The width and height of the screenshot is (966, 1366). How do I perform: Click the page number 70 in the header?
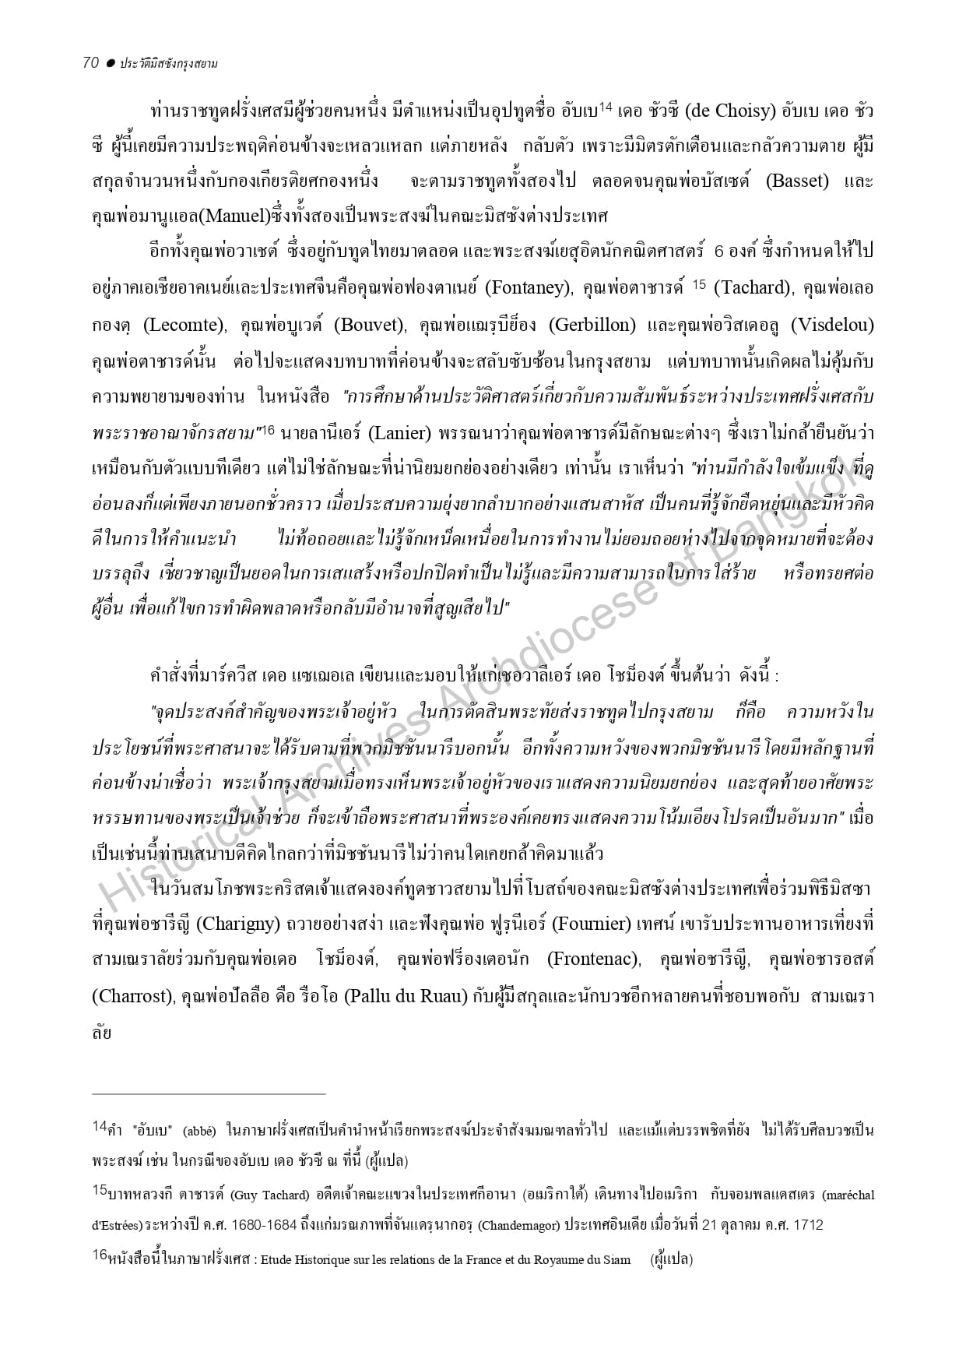click(90, 63)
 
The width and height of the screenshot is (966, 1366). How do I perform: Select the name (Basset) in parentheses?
click(797, 181)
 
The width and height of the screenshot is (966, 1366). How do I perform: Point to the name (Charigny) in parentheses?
click(237, 924)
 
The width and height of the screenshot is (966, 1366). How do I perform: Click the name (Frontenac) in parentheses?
click(593, 959)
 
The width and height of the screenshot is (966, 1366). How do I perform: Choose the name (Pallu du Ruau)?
click(406, 995)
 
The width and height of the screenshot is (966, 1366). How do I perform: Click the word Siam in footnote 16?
click(616, 1259)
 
